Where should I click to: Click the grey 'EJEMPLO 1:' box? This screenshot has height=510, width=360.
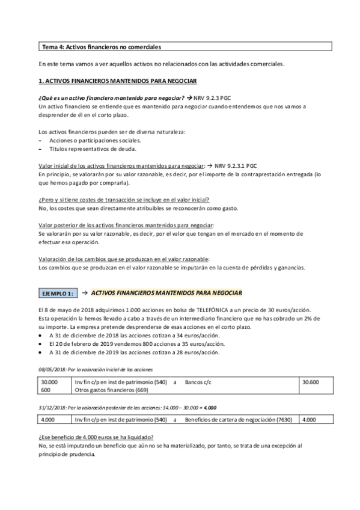click(x=57, y=293)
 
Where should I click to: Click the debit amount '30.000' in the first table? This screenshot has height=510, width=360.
click(x=50, y=381)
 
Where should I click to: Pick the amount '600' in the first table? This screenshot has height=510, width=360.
click(x=46, y=390)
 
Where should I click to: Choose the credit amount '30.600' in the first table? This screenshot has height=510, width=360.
click(x=311, y=381)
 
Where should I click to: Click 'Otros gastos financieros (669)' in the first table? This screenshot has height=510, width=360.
click(x=114, y=390)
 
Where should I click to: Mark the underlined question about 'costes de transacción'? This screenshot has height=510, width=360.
click(x=127, y=199)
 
